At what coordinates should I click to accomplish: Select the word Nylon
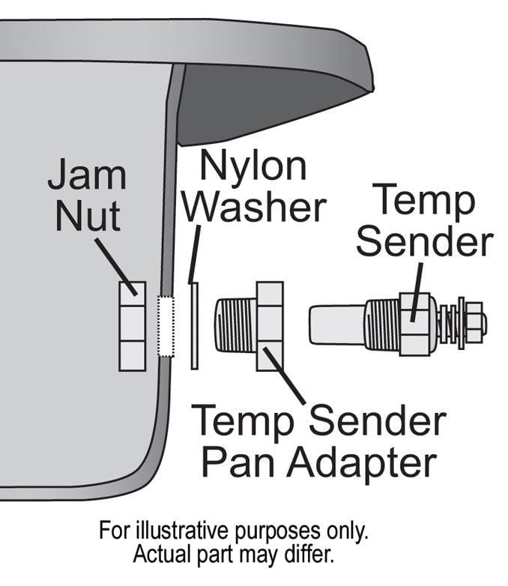tap(255, 166)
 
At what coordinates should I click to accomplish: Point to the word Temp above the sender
tap(423, 202)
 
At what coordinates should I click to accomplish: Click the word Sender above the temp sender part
tap(424, 241)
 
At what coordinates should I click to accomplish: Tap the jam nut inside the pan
tap(132, 326)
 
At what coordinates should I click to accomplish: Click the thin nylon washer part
tap(194, 326)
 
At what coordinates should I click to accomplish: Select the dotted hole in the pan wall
tap(166, 326)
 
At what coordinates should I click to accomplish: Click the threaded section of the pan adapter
tap(235, 326)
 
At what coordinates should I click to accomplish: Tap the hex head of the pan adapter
tap(270, 326)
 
